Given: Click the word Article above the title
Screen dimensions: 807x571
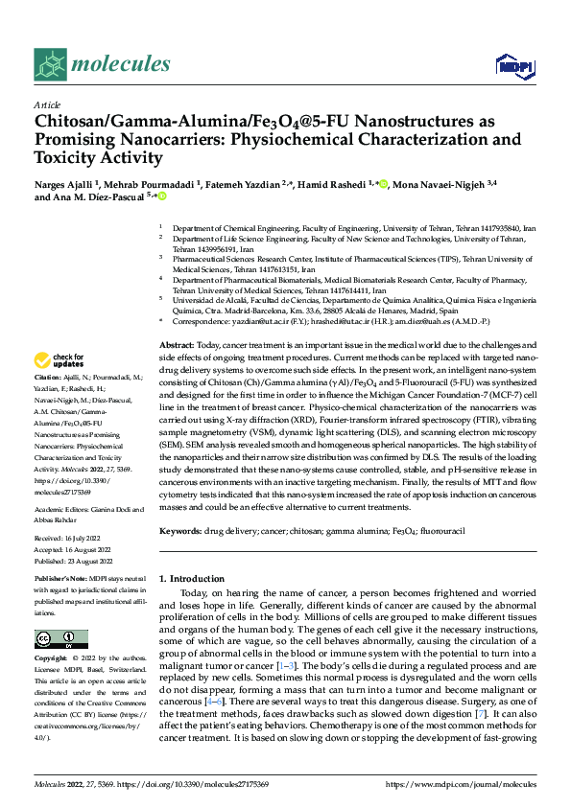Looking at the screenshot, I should point(47,104).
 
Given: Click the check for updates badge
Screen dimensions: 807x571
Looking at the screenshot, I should point(59,360).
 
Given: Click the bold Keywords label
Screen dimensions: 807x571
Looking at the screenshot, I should point(179,530).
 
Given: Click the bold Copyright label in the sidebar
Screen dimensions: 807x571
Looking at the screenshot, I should point(53,660).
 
